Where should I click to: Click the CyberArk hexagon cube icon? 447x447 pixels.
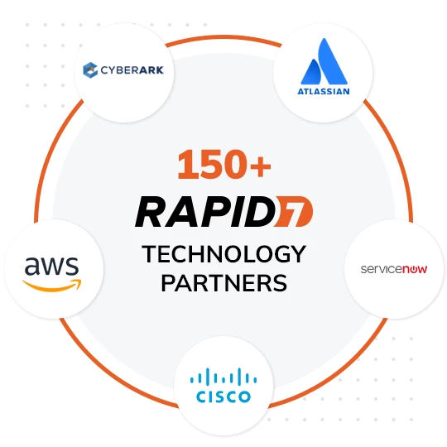click(90, 70)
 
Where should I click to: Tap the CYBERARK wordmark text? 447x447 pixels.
click(132, 70)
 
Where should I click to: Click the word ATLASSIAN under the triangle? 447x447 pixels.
click(324, 92)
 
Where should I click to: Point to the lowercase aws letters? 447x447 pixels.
click(51, 266)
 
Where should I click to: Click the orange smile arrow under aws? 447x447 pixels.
click(52, 286)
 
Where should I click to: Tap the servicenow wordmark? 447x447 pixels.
click(394, 269)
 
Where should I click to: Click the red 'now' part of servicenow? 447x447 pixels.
click(415, 269)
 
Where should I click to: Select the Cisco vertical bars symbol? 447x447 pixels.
click(223, 376)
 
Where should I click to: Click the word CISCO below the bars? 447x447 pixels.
click(223, 397)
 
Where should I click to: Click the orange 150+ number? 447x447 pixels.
click(224, 165)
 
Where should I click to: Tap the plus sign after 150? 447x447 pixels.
click(260, 167)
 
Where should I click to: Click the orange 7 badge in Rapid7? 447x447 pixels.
click(294, 212)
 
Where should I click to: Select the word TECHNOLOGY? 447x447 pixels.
click(224, 254)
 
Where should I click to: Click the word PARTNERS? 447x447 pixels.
click(224, 283)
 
